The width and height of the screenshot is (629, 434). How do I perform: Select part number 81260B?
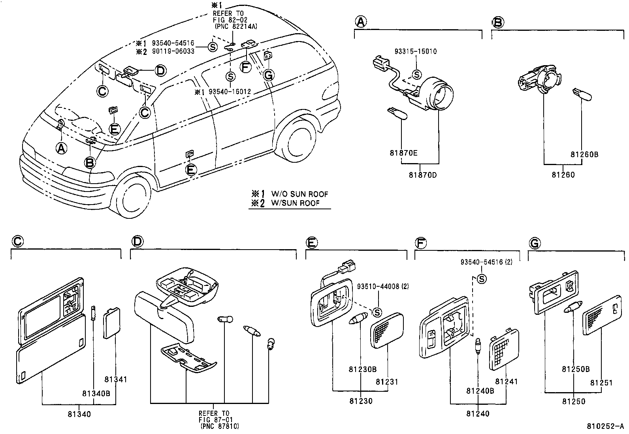tap(584, 155)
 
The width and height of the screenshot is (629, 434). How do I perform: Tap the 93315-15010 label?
tap(416, 51)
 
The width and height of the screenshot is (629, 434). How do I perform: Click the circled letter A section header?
tap(360, 22)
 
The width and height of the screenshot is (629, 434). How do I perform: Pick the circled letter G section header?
tap(534, 244)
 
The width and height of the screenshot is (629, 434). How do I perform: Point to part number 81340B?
tap(96, 393)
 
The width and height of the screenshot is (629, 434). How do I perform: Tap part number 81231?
tap(387, 382)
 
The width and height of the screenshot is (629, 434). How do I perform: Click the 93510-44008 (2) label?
tap(382, 287)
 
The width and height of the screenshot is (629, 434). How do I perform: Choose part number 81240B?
tap(480, 391)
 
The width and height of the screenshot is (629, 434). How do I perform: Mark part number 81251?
tap(601, 383)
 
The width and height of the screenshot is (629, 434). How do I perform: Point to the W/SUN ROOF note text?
tap(295, 203)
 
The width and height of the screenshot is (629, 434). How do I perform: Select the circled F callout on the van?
tap(246, 67)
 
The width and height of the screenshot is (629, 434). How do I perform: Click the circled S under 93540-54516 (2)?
tap(482, 279)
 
